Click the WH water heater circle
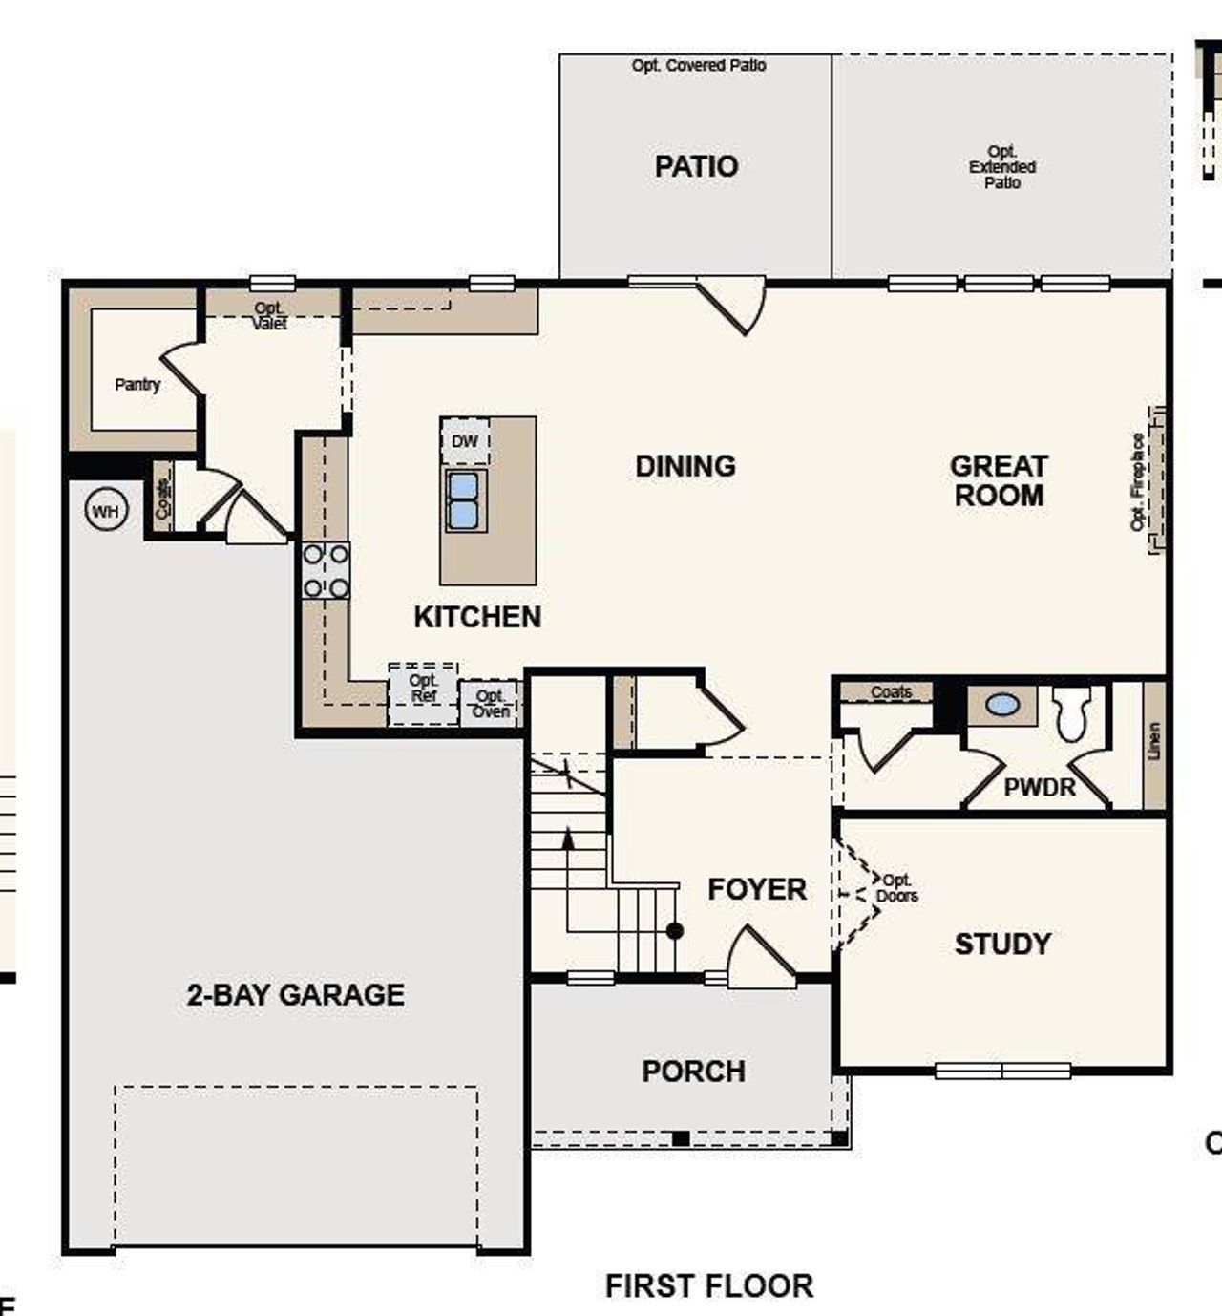pyautogui.click(x=105, y=512)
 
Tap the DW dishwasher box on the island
pyautogui.click(x=465, y=441)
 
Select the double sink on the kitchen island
pyautogui.click(x=465, y=500)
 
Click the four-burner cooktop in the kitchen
pyautogui.click(x=326, y=570)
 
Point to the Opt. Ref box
pyautogui.click(x=423, y=689)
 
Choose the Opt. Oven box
pyautogui.click(x=491, y=705)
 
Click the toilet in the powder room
pyautogui.click(x=1071, y=712)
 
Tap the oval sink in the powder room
pyautogui.click(x=1001, y=705)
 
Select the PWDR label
pyautogui.click(x=1040, y=788)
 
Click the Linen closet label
pyautogui.click(x=1154, y=741)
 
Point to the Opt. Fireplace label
pyautogui.click(x=1138, y=481)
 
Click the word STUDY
pyautogui.click(x=1002, y=945)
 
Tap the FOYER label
pyautogui.click(x=757, y=890)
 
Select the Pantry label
pyautogui.click(x=137, y=385)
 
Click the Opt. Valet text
pyautogui.click(x=269, y=316)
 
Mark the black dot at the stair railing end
pyautogui.click(x=675, y=930)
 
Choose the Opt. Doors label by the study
pyautogui.click(x=897, y=888)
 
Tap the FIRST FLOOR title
pyautogui.click(x=709, y=1286)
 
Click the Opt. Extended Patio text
pyautogui.click(x=1002, y=167)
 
